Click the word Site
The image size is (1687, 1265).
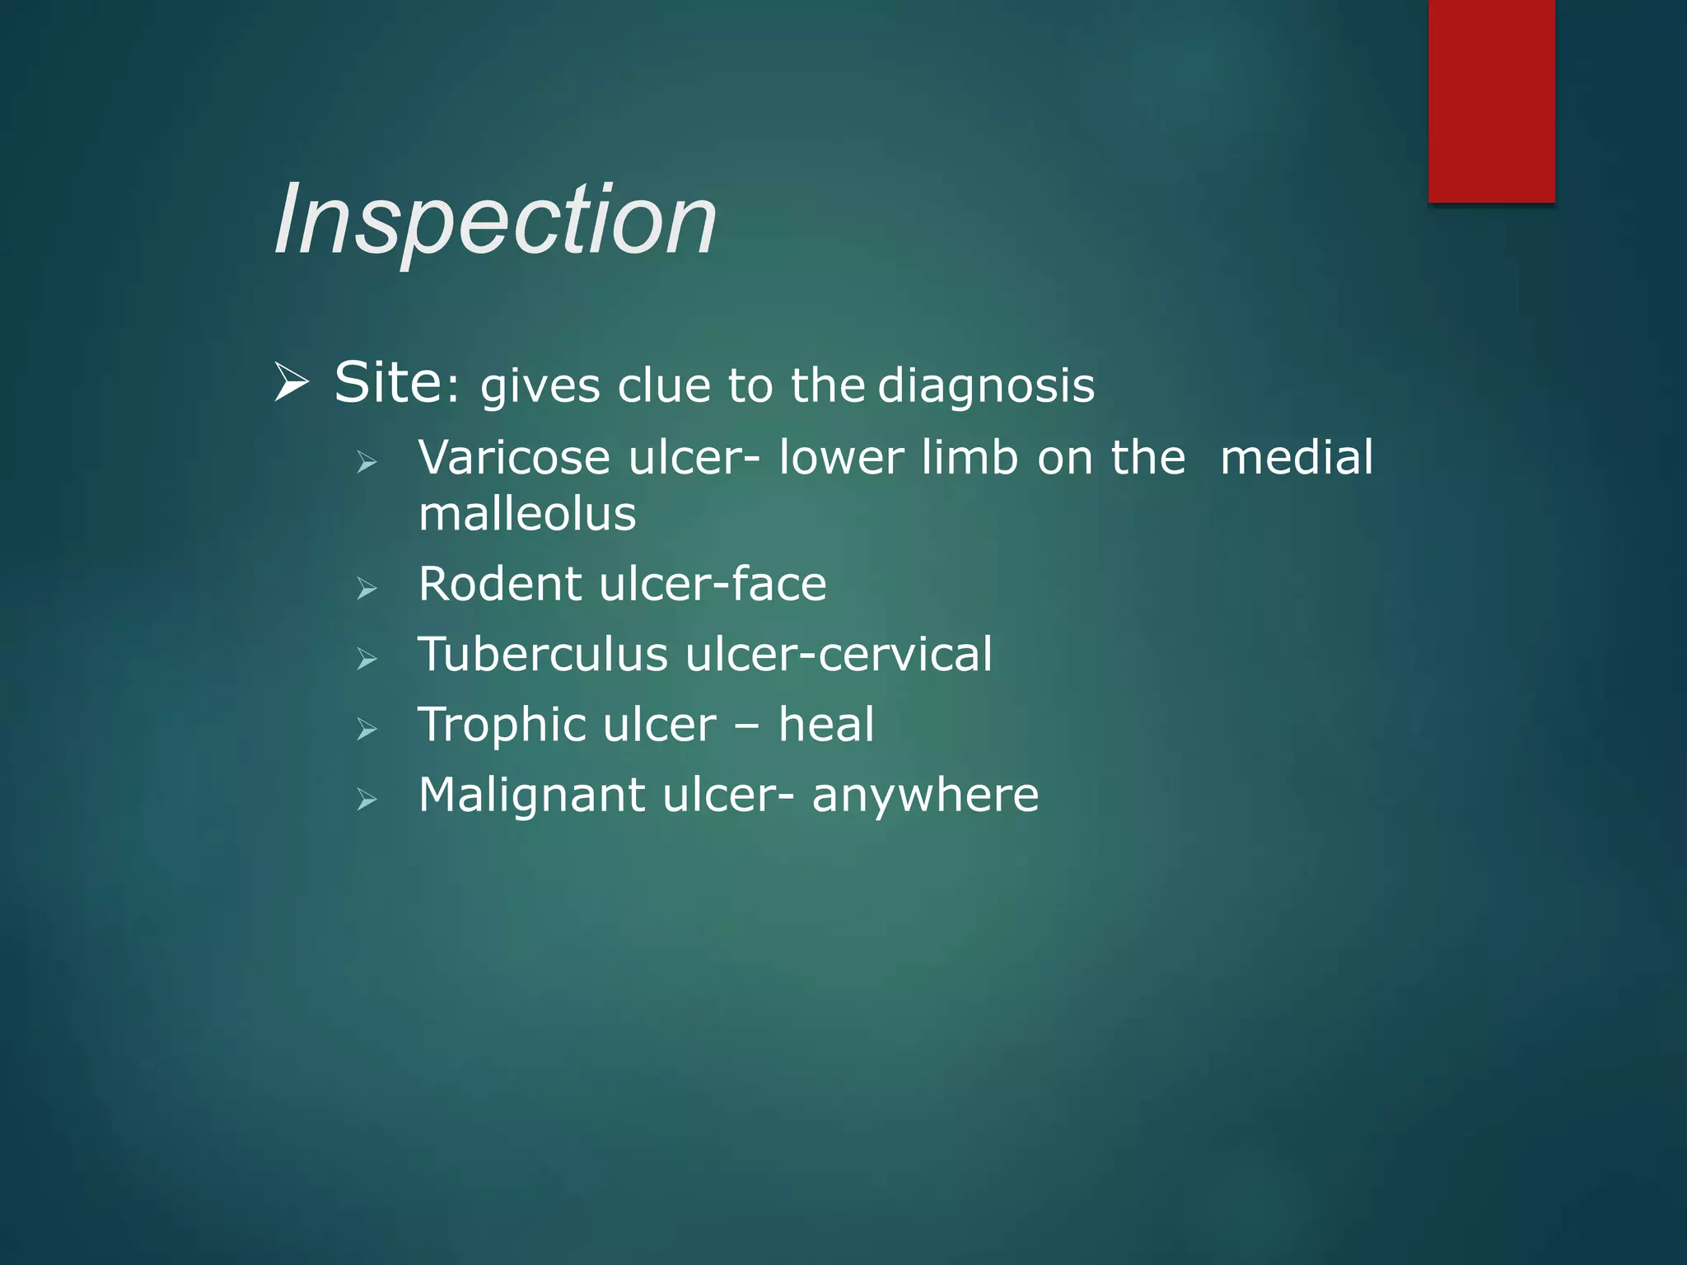click(x=387, y=383)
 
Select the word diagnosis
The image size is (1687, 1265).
click(x=986, y=386)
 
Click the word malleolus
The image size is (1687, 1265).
click(x=527, y=514)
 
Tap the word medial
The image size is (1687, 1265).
click(x=1297, y=457)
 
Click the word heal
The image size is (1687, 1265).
click(x=825, y=725)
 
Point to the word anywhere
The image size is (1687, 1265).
click(x=925, y=796)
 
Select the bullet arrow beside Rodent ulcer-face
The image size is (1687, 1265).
click(x=367, y=588)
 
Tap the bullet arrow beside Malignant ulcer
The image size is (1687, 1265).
click(x=367, y=799)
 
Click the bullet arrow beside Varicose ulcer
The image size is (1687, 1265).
click(x=367, y=462)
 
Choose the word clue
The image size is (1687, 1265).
click(x=663, y=385)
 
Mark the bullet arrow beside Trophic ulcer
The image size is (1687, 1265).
click(x=367, y=729)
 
